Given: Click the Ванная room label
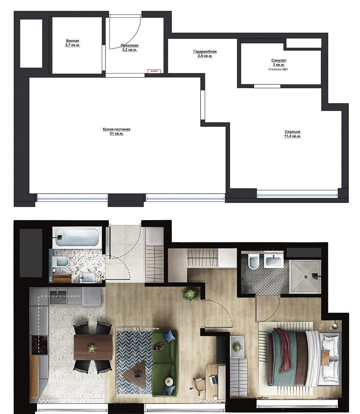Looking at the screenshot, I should pyautogui.click(x=72, y=43).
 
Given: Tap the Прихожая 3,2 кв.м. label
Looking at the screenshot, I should pyautogui.click(x=129, y=48).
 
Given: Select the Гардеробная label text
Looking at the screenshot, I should pyautogui.click(x=205, y=54).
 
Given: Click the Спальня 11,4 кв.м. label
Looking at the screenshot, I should pyautogui.click(x=292, y=134).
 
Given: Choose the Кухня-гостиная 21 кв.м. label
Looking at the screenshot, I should pyautogui.click(x=116, y=131).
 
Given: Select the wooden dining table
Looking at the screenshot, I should pyautogui.click(x=93, y=347).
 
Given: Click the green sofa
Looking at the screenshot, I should pyautogui.click(x=165, y=362).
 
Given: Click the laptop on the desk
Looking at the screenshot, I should pyautogui.click(x=213, y=379).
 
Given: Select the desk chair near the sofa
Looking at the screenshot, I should pyautogui.click(x=199, y=385).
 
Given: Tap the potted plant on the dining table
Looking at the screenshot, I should pyautogui.click(x=93, y=348).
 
